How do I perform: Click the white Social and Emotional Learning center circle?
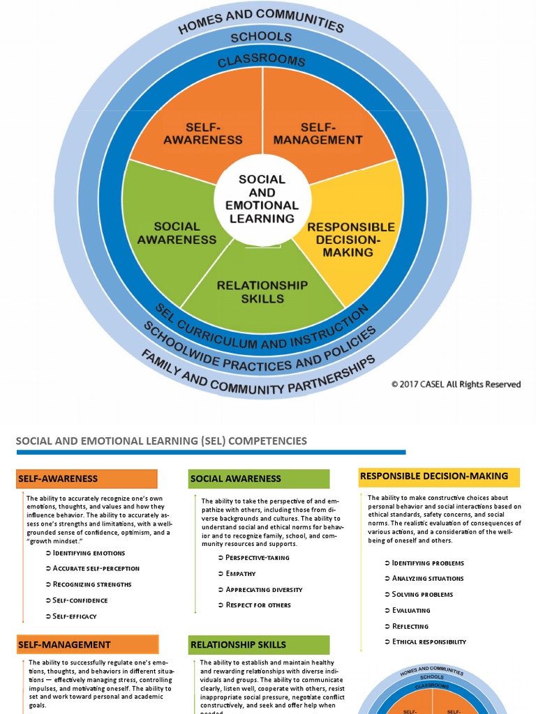click(x=262, y=198)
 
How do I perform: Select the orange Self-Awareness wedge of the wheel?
click(x=202, y=133)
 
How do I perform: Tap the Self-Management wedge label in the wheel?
click(x=318, y=133)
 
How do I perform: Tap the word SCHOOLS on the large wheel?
click(x=262, y=36)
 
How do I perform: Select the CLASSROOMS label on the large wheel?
click(x=262, y=61)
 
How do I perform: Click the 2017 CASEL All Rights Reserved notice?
click(x=456, y=384)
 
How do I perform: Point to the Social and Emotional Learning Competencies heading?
click(x=161, y=441)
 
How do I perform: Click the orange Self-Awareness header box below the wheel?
click(x=87, y=479)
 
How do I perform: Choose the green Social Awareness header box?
click(x=259, y=479)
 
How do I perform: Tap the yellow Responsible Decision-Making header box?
click(x=439, y=477)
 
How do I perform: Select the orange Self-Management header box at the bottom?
click(x=87, y=644)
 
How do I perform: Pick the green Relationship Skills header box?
click(x=259, y=644)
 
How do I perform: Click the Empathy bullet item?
click(x=240, y=574)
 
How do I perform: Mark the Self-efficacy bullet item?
click(x=74, y=616)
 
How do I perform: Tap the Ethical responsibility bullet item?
click(x=429, y=641)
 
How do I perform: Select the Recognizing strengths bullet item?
click(x=91, y=584)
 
